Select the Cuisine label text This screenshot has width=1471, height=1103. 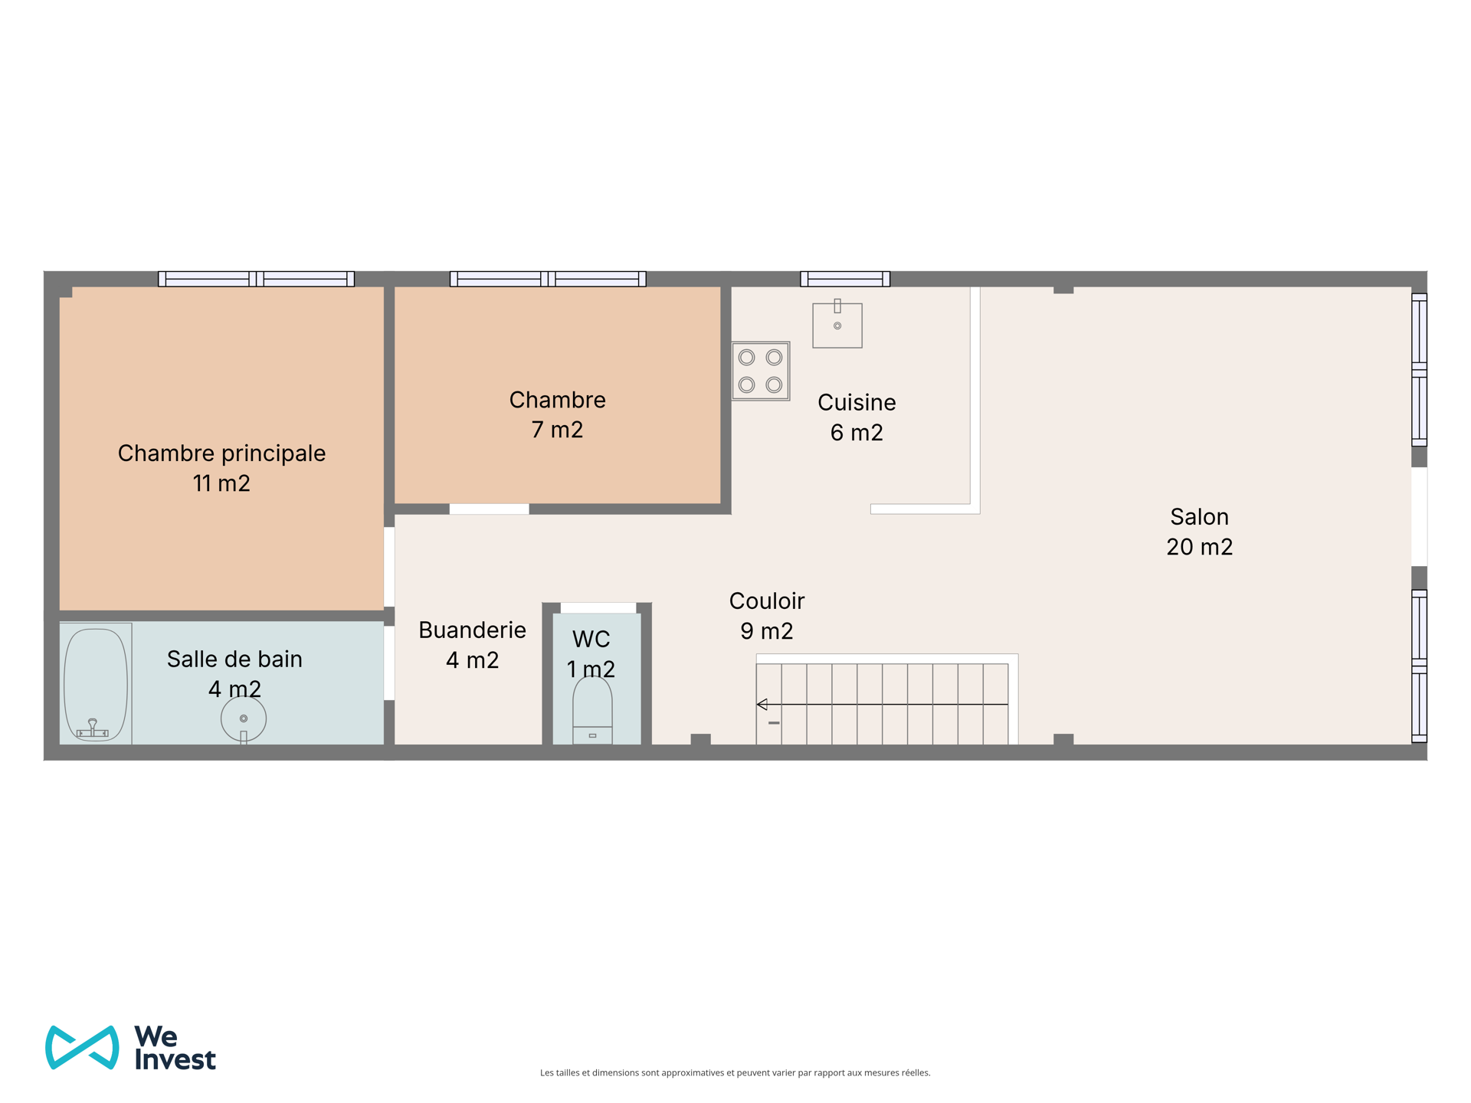tap(857, 402)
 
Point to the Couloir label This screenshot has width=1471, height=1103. tap(766, 601)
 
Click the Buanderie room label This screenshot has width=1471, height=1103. tap(472, 630)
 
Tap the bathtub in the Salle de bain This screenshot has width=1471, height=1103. tap(96, 683)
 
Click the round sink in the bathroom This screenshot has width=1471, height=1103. tap(244, 719)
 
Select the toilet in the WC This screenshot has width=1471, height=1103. tap(592, 710)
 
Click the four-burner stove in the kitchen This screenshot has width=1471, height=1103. tap(761, 371)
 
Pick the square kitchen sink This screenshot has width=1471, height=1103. tap(837, 325)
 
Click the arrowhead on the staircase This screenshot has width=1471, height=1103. tap(762, 704)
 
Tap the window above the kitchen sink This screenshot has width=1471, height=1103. tap(845, 279)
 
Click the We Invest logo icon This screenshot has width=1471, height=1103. tap(82, 1047)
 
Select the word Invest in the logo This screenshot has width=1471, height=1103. tap(175, 1059)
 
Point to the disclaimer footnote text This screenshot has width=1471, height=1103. tap(735, 1073)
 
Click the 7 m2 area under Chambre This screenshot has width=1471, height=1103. tap(557, 430)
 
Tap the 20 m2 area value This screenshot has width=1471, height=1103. tap(1199, 547)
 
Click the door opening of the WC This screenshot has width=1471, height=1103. tap(598, 608)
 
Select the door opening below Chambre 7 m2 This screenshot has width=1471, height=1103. tap(489, 509)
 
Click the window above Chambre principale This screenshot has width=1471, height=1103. tap(257, 279)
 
